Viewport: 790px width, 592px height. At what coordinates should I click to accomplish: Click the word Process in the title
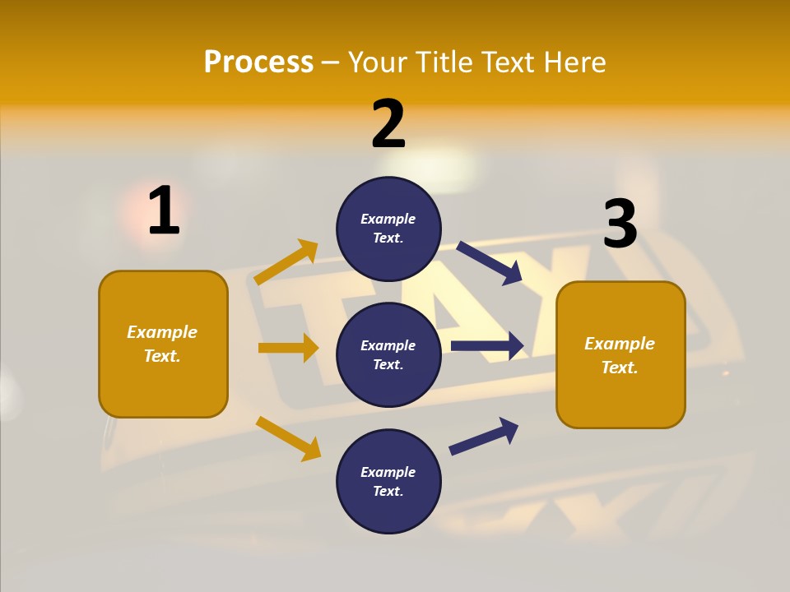[x=258, y=62]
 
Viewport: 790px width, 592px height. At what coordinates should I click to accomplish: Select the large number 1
[x=164, y=211]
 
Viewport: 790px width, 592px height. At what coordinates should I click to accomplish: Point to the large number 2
[x=388, y=124]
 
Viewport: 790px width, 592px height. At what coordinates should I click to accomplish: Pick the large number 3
[x=620, y=224]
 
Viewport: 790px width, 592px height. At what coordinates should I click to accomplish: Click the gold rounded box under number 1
[x=163, y=344]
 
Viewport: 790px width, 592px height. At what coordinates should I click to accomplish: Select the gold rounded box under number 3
[x=620, y=354]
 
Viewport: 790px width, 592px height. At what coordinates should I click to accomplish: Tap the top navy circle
[x=388, y=229]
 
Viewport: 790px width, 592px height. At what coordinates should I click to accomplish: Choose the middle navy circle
[x=388, y=354]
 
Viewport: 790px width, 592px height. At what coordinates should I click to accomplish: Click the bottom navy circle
[x=388, y=481]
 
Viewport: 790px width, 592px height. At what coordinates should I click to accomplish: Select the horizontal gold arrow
[x=289, y=348]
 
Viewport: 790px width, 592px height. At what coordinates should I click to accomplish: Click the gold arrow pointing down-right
[x=289, y=438]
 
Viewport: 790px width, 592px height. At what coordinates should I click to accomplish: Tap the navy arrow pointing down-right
[x=490, y=263]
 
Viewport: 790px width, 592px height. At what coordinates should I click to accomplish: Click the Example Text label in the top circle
[x=388, y=229]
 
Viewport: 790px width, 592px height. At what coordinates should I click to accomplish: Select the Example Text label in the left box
[x=162, y=344]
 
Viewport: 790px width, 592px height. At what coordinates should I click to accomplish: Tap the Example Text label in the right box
[x=620, y=355]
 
